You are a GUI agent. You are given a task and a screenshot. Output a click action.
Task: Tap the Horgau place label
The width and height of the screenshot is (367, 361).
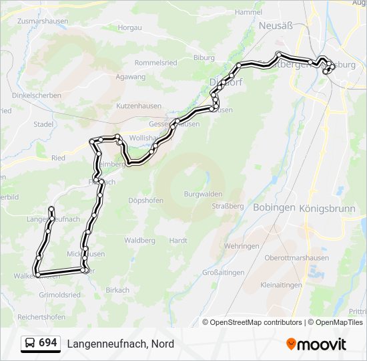click(130, 27)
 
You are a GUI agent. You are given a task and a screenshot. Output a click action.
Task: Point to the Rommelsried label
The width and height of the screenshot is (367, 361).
click(155, 62)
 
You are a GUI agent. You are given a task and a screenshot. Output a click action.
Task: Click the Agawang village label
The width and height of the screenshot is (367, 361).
click(130, 77)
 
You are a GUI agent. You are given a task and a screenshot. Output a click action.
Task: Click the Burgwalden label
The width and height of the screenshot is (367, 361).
click(203, 194)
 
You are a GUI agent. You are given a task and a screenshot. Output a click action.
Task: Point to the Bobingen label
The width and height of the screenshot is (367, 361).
click(274, 207)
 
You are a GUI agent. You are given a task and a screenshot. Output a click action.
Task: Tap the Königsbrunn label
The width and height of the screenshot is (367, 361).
click(333, 207)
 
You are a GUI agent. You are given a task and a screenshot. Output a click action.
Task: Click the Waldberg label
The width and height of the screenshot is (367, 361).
click(139, 240)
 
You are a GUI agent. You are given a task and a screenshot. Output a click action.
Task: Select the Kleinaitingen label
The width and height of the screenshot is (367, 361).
click(282, 284)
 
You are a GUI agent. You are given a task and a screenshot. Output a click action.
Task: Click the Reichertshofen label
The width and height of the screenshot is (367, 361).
click(41, 316)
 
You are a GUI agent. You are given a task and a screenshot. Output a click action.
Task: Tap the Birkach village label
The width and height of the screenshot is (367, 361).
click(117, 289)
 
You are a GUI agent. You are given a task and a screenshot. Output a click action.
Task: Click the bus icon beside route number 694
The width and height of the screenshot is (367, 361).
click(30, 343)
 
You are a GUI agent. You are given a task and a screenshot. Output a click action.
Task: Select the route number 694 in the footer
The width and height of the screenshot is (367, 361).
click(47, 343)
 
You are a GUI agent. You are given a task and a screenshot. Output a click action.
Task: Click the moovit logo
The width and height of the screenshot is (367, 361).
click(316, 344)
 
